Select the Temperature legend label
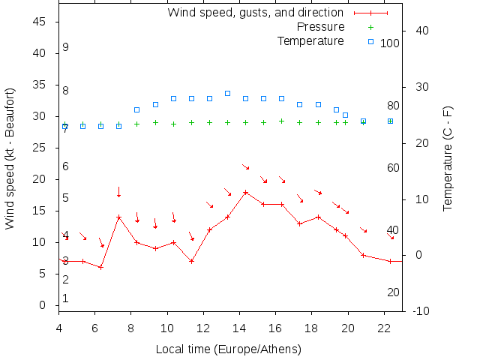[310, 40]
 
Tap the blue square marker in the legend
[370, 40]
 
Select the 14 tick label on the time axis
[239, 328]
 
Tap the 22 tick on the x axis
[384, 328]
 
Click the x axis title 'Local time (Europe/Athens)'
[228, 349]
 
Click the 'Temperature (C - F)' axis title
[448, 158]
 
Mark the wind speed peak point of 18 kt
[245, 192]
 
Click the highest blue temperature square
[227, 93]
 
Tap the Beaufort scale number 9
[66, 47]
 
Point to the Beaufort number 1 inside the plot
[66, 298]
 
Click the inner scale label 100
[390, 43]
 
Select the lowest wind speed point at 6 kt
[100, 267]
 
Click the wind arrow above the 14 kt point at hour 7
[118, 192]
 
